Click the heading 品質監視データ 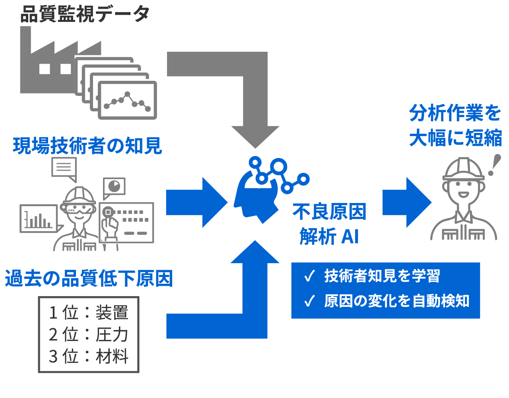coord(85,14)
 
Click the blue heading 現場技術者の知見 coord(87,146)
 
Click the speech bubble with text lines coord(64,168)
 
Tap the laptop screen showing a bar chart coord(39,219)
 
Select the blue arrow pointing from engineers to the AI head coord(197,203)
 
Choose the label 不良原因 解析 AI coord(329,224)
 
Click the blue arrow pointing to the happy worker coord(407,203)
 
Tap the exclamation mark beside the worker coord(494,165)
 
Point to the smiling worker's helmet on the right coord(463,169)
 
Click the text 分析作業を coord(455,113)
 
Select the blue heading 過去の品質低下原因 coord(89,278)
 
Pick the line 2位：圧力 coord(89,334)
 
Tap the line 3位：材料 coord(89,356)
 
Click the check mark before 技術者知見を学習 coord(309,276)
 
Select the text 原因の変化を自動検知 coord(397,301)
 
